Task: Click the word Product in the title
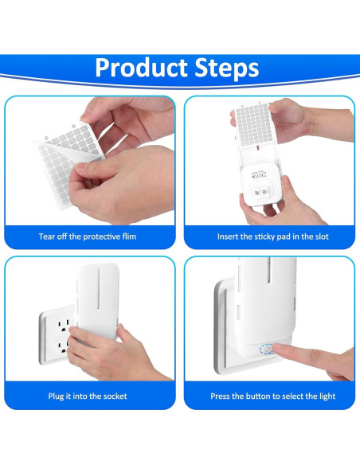(x=142, y=68)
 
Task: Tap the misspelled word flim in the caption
(x=129, y=236)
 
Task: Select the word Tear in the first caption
(x=46, y=236)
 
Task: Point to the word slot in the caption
(x=321, y=236)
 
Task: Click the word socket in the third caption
(x=115, y=397)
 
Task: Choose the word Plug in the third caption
(x=56, y=397)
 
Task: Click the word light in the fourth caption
(x=327, y=397)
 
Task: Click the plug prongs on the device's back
(x=260, y=193)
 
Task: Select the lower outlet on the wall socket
(x=64, y=346)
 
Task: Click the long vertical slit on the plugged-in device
(x=99, y=287)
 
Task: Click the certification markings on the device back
(x=259, y=175)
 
